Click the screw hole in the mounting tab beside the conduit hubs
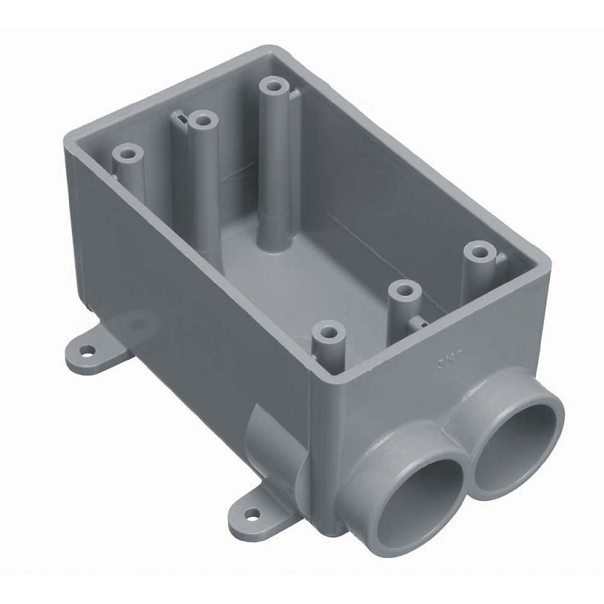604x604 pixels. pyautogui.click(x=252, y=515)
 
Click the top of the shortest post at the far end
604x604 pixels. pyautogui.click(x=128, y=153)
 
